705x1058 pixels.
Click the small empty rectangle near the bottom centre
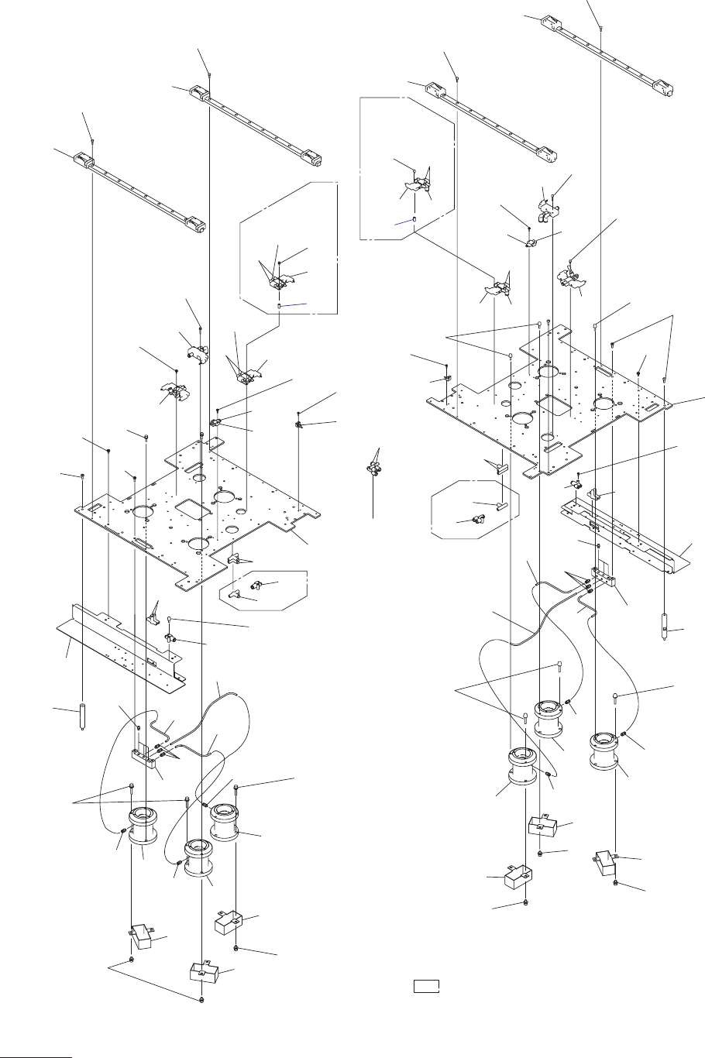426,986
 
